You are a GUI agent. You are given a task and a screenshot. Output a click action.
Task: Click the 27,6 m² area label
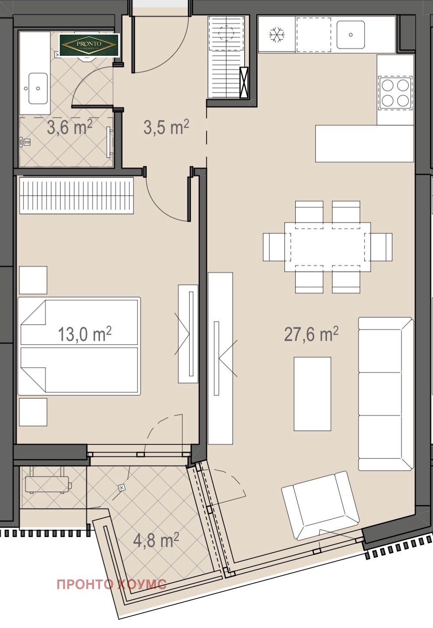click(311, 334)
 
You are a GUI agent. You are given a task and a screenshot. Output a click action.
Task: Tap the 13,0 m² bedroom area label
click(85, 334)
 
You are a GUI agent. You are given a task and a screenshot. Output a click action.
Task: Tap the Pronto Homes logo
click(90, 45)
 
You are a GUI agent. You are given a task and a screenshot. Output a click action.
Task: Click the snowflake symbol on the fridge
click(277, 35)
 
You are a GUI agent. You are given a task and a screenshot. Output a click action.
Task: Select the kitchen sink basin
click(351, 35)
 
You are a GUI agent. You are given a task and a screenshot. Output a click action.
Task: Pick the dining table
click(327, 247)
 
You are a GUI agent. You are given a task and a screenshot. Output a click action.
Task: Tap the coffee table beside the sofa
click(313, 393)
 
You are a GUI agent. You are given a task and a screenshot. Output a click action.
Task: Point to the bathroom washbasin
click(38, 88)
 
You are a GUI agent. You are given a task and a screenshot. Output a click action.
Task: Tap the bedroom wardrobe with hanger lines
click(77, 196)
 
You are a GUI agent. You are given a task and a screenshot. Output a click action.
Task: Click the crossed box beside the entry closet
click(244, 83)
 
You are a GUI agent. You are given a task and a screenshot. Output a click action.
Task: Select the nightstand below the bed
click(33, 412)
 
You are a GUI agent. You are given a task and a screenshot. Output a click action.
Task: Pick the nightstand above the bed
click(33, 280)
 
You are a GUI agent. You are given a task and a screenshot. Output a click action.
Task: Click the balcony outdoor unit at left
click(47, 484)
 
